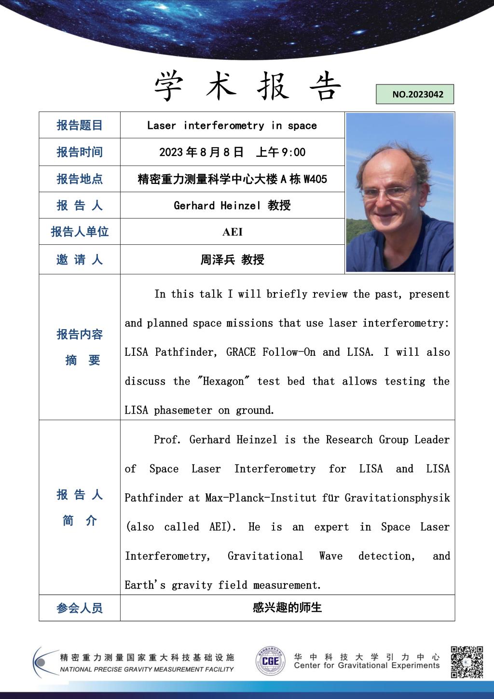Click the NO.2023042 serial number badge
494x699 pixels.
[x=415, y=95]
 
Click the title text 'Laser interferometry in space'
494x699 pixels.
[x=232, y=126]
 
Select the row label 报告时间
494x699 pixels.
[x=80, y=152]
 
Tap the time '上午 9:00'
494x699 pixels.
[x=280, y=153]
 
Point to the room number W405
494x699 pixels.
[x=315, y=179]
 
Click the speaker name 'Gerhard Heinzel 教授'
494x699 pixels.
[x=232, y=206]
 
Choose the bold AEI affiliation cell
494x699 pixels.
[x=232, y=232]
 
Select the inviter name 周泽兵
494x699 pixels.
[x=218, y=260]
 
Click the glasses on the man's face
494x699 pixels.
[x=386, y=192]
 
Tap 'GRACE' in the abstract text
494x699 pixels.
[x=241, y=352]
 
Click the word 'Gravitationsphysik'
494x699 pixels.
[x=397, y=498]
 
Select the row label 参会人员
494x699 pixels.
[x=80, y=608]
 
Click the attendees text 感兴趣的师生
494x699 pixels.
[x=287, y=608]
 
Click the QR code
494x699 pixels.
[x=467, y=662]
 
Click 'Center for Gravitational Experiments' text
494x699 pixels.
[x=367, y=666]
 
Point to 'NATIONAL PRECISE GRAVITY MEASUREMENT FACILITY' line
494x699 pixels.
[x=147, y=670]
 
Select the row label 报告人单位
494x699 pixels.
[x=80, y=232]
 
